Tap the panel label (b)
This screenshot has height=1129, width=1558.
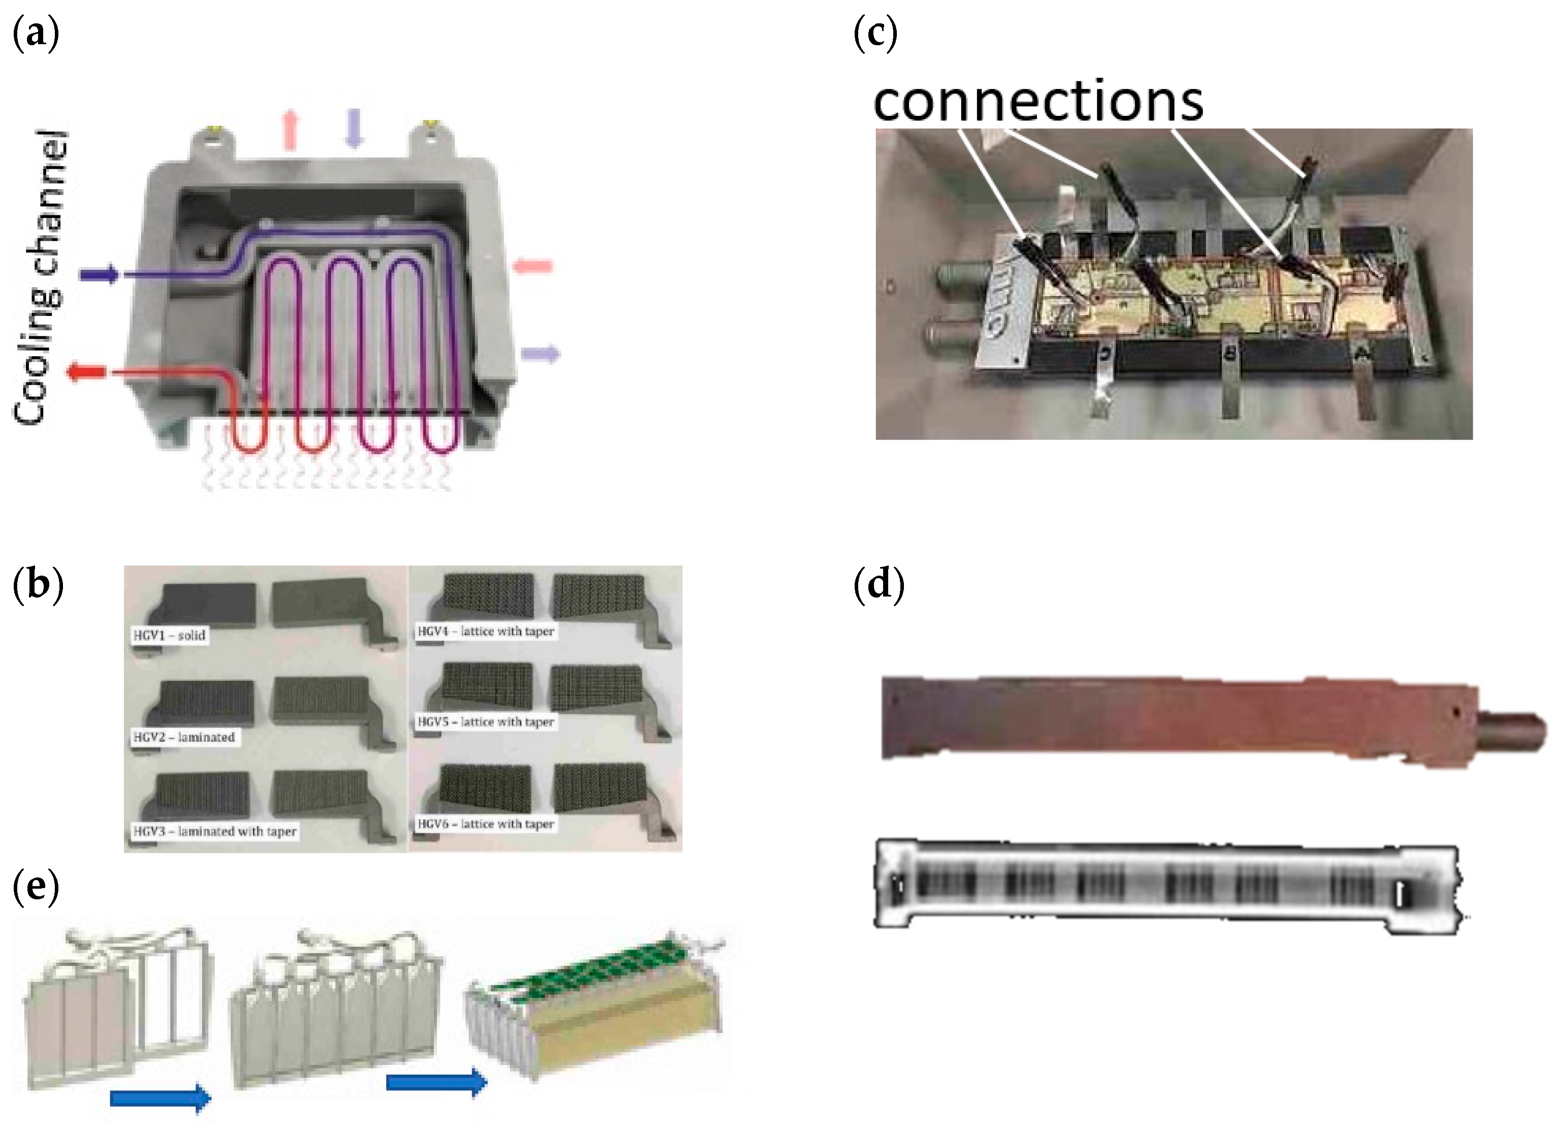(38, 585)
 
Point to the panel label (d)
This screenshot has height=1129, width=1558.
(878, 585)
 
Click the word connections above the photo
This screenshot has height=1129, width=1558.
(1038, 102)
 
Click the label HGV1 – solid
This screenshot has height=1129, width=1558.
(170, 636)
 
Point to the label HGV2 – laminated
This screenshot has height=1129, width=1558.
(184, 737)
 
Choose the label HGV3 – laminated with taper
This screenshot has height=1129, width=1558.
(215, 831)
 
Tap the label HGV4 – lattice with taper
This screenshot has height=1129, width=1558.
(485, 632)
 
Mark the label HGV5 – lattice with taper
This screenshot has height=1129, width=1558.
(485, 722)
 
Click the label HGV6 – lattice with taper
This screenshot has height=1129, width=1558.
(485, 824)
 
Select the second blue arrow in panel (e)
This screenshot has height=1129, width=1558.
(437, 1082)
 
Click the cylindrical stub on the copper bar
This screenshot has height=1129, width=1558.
(1511, 731)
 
